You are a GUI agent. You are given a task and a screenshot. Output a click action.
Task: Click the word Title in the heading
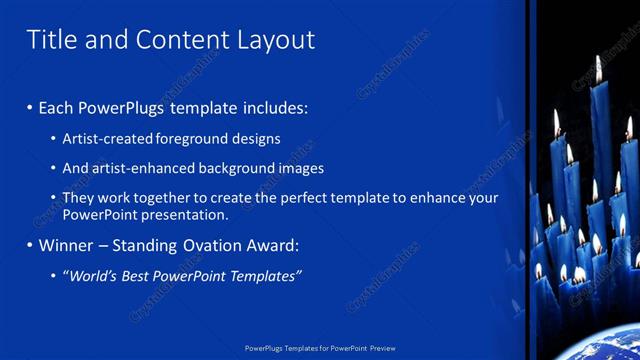tap(50, 39)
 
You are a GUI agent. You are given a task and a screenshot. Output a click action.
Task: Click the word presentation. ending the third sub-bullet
tap(184, 214)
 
